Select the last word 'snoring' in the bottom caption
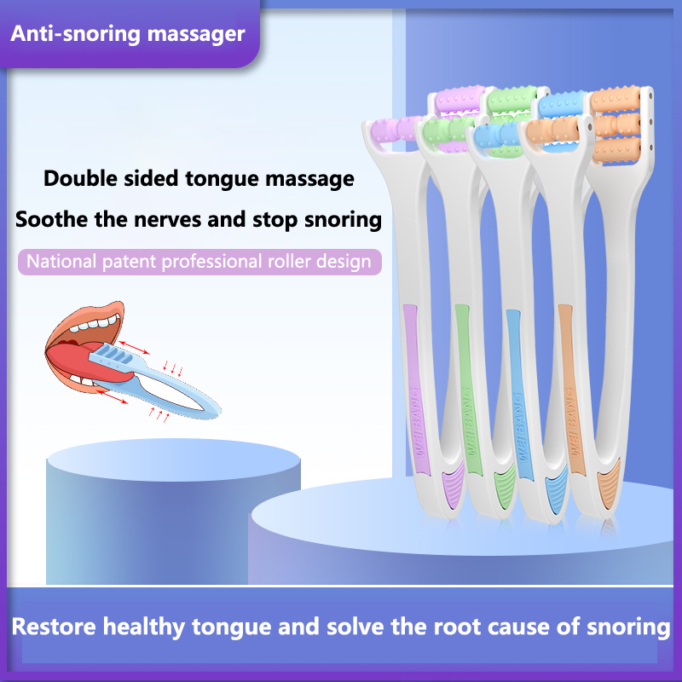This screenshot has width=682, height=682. [x=628, y=627]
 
